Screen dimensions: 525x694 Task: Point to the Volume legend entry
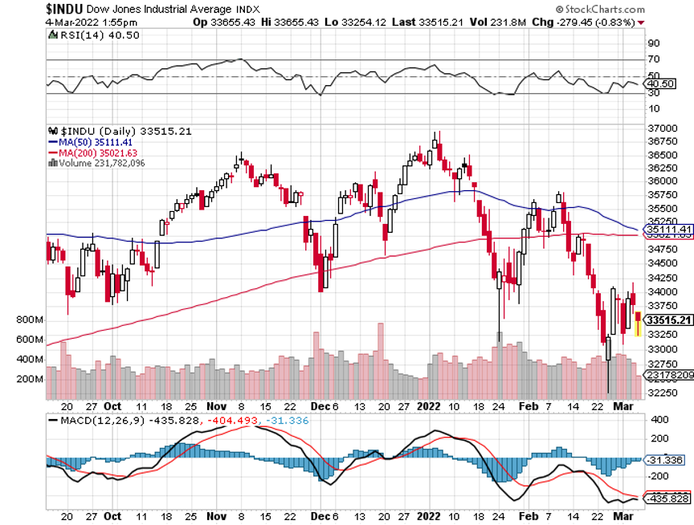coord(101,163)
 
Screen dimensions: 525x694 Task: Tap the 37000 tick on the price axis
coord(660,128)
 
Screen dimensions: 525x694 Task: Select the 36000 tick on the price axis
coord(660,181)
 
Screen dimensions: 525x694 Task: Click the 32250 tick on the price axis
coord(660,392)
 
